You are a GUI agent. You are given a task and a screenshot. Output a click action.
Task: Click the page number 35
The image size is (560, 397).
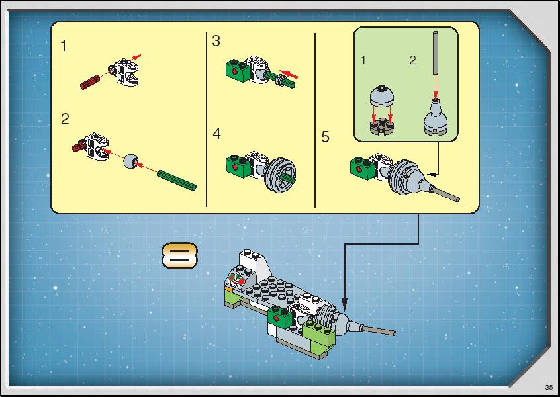pos(549,387)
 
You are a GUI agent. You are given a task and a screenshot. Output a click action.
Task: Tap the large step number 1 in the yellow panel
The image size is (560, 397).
pos(64,46)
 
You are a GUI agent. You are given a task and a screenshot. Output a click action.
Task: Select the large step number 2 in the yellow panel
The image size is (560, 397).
pos(65,119)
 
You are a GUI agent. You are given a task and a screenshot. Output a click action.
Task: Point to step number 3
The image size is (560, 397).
pos(216,41)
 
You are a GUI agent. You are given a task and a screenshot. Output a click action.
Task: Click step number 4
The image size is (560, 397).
pos(217,134)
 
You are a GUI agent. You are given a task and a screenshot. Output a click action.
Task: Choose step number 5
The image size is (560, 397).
pos(325,137)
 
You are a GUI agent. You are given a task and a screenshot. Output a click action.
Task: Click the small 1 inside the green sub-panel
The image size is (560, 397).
pos(363,60)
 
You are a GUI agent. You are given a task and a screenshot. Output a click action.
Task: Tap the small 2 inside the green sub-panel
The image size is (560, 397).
pos(413,60)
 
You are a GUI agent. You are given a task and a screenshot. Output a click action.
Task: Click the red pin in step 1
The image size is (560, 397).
pos(89,83)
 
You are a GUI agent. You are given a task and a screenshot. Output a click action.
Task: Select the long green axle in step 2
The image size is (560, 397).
pos(177,180)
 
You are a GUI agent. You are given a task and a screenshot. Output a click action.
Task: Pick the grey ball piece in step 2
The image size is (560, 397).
pos(130,161)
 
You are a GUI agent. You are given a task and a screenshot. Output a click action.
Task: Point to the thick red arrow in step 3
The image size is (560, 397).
pos(289,73)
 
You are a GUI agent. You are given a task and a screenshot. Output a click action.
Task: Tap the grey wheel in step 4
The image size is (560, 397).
pos(281,175)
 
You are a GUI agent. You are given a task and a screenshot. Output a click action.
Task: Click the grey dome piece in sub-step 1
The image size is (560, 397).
pos(382,96)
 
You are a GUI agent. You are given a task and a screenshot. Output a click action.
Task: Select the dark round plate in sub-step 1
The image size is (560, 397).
pos(382,126)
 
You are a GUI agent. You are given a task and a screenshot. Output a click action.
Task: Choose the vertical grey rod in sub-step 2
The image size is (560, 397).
pos(436,53)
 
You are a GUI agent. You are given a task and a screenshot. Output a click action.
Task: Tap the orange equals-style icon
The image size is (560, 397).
pos(179,256)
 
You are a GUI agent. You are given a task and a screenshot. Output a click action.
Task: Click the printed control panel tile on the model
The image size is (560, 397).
pos(236,278)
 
